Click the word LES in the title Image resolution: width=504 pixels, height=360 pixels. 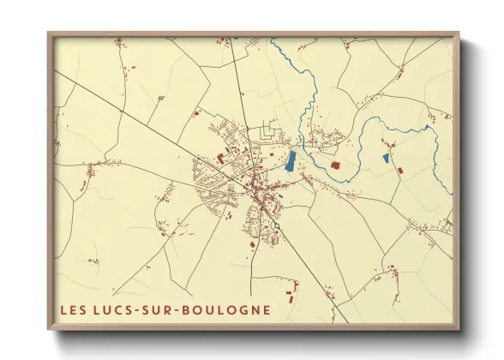pyautogui.click(x=74, y=309)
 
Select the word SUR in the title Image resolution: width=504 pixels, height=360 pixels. pyautogui.click(x=163, y=309)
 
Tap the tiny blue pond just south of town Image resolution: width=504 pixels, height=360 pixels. pyautogui.click(x=280, y=197)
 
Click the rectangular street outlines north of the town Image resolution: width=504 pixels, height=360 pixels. pyautogui.click(x=272, y=133)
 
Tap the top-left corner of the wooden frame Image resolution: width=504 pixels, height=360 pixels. pyautogui.click(x=49, y=34)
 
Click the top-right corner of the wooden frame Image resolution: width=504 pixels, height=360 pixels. pyautogui.click(x=459, y=34)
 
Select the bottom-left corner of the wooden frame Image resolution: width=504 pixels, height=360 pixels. pyautogui.click(x=49, y=329)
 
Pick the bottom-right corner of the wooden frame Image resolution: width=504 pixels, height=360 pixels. pyautogui.click(x=459, y=329)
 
